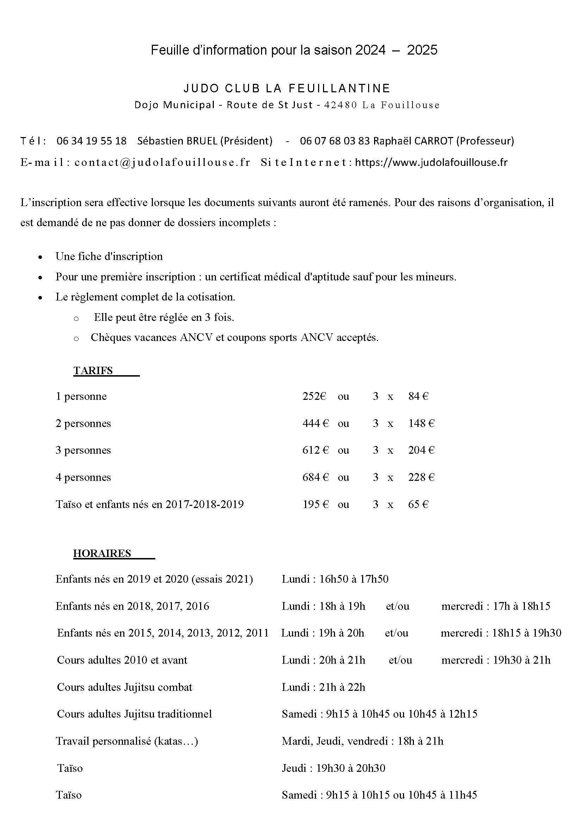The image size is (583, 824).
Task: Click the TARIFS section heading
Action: (93, 371)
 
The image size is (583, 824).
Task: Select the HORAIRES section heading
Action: (102, 553)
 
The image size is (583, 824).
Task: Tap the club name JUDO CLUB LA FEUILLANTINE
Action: (287, 88)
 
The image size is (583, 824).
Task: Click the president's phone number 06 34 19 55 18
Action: (92, 141)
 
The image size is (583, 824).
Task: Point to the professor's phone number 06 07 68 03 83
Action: (335, 141)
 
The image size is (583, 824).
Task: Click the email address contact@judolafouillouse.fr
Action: (162, 162)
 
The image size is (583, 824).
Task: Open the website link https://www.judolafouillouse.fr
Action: (431, 162)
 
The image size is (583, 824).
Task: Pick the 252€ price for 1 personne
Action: (314, 396)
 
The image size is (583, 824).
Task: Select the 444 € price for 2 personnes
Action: (315, 423)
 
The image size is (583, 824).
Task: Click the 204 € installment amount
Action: (421, 450)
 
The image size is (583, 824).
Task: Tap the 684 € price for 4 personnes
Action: (315, 477)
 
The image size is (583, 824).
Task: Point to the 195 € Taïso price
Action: (315, 504)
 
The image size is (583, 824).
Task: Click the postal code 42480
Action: (340, 105)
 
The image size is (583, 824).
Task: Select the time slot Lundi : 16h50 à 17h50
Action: (335, 579)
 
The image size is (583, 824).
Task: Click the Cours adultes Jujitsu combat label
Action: (125, 687)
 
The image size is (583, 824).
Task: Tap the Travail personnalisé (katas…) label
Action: (127, 741)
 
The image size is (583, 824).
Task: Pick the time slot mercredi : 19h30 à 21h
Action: (495, 660)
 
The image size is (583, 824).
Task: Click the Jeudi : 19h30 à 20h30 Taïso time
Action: (334, 768)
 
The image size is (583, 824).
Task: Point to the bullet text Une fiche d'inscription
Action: (109, 256)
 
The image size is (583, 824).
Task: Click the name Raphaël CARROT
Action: (413, 141)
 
